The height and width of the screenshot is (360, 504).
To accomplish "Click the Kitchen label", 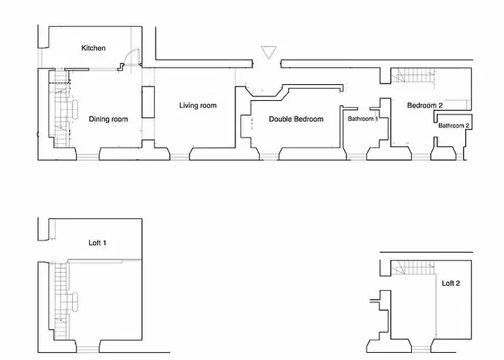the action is coord(93,48).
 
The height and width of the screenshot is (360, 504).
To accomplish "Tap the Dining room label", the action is coord(108,120).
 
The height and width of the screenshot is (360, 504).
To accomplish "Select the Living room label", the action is coord(198,105).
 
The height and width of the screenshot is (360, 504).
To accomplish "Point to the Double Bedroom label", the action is coord(296,120).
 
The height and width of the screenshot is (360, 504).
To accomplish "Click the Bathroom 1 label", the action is coord(363,119).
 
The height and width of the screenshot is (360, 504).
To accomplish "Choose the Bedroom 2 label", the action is coord(425,105).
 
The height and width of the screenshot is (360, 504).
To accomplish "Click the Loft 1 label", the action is coord(97,243).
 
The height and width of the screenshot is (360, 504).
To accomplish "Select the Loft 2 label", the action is coord(451,283).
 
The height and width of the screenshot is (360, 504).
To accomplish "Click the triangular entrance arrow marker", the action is coord(269,53).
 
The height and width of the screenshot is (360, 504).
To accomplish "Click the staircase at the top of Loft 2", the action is coord(413,267).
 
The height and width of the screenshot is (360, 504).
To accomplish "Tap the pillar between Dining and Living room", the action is coord(148,102).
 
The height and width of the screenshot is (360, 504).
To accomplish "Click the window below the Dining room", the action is coord(88,157).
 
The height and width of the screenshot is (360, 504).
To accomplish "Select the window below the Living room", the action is coord(180,157).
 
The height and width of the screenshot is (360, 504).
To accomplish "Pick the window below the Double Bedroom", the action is coord(269,157).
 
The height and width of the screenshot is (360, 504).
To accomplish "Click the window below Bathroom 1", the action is coord(356,157).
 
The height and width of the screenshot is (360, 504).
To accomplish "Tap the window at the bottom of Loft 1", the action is coord(88,349).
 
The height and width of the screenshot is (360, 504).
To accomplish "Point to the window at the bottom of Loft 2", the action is coord(421,349).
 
